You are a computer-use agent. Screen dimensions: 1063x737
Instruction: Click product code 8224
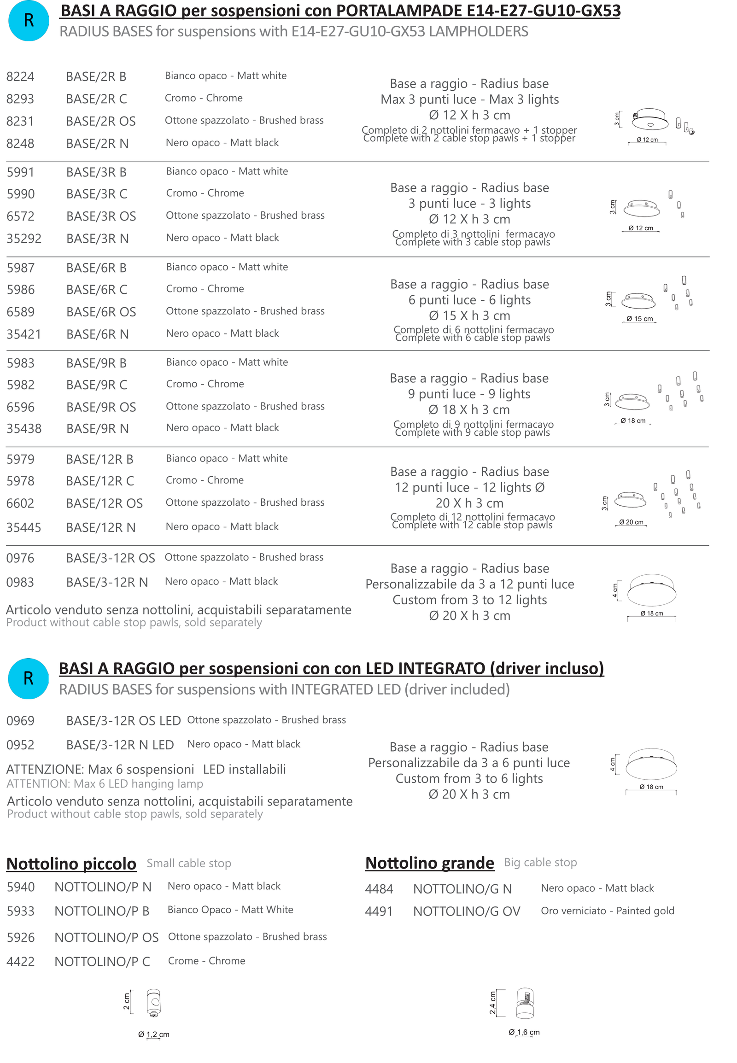click(x=20, y=76)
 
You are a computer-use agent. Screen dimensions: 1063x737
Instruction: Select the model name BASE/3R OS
click(x=101, y=216)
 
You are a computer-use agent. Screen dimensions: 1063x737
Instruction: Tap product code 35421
click(x=23, y=334)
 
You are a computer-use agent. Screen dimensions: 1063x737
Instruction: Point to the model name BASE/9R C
click(x=97, y=385)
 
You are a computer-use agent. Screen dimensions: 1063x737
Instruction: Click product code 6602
click(x=20, y=503)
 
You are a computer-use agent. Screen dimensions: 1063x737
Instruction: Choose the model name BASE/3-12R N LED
click(x=120, y=744)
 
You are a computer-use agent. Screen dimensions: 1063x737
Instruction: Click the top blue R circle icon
click(x=29, y=21)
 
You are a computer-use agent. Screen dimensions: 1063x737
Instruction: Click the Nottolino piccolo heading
click(x=71, y=863)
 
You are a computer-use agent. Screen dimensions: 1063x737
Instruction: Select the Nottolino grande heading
click(x=429, y=862)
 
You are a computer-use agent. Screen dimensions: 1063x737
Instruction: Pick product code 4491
click(x=379, y=911)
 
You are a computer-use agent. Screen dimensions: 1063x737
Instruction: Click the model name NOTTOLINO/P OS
click(x=106, y=937)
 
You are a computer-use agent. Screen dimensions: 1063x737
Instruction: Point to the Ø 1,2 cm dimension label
click(x=154, y=1034)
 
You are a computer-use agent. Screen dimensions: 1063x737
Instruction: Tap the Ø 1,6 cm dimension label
click(x=524, y=1032)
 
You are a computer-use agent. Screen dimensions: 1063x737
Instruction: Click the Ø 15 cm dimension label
click(x=639, y=319)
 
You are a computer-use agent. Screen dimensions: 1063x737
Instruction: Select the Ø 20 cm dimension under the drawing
click(x=631, y=522)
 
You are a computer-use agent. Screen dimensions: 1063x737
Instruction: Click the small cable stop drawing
click(x=153, y=1003)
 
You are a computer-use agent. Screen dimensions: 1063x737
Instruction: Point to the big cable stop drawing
click(x=525, y=1003)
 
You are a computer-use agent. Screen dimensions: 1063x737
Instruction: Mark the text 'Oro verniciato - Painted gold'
click(x=607, y=911)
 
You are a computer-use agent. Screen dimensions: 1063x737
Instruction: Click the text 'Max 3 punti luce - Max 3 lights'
click(x=470, y=99)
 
